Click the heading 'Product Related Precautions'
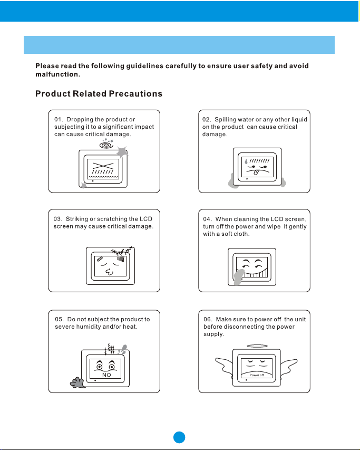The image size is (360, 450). click(x=99, y=94)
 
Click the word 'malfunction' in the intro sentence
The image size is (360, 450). click(x=57, y=74)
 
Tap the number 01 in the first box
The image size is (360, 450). click(x=59, y=119)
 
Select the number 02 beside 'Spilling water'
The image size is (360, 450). click(x=207, y=119)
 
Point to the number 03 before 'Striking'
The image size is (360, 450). click(x=58, y=218)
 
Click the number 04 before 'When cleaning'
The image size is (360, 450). click(x=208, y=218)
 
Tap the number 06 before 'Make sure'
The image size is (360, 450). click(x=208, y=319)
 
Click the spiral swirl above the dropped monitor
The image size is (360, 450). click(x=106, y=143)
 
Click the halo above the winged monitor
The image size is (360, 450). click(x=256, y=347)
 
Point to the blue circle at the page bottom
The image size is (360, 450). click(x=180, y=437)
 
